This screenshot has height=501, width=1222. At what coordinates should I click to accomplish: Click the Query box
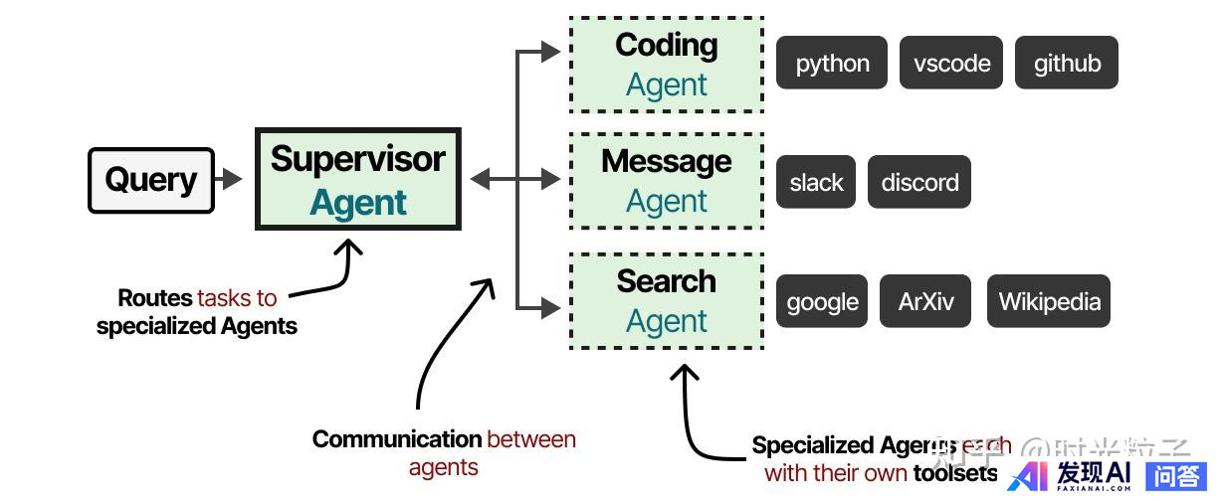tap(151, 180)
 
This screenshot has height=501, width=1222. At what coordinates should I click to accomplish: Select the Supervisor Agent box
tap(358, 179)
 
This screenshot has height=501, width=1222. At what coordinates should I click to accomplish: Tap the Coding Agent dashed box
tap(666, 65)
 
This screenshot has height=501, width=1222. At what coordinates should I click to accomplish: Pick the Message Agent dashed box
tap(666, 180)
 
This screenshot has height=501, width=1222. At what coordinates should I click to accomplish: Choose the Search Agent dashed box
tap(666, 300)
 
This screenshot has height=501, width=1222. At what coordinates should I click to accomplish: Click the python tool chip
tap(832, 64)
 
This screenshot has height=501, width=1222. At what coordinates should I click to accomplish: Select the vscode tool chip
tap(951, 64)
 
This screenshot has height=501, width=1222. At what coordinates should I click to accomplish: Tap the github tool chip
tap(1067, 64)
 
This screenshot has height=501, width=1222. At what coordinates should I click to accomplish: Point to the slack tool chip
tap(816, 182)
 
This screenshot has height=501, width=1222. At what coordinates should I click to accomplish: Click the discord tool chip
tap(919, 182)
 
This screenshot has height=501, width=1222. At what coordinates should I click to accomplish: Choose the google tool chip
tap(822, 301)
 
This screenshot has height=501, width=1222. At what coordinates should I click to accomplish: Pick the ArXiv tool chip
tap(925, 301)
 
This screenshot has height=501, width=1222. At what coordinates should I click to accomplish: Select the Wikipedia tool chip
tap(1049, 301)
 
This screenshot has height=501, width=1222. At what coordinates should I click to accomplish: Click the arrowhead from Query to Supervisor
tap(233, 180)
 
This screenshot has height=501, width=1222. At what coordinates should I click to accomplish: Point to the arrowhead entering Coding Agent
tap(552, 52)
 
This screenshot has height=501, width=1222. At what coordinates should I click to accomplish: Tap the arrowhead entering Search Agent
tap(552, 308)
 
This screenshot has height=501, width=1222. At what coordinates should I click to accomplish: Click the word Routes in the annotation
tap(154, 297)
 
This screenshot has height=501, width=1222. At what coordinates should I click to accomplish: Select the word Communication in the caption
tap(396, 439)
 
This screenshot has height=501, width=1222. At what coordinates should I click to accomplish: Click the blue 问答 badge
tap(1176, 476)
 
